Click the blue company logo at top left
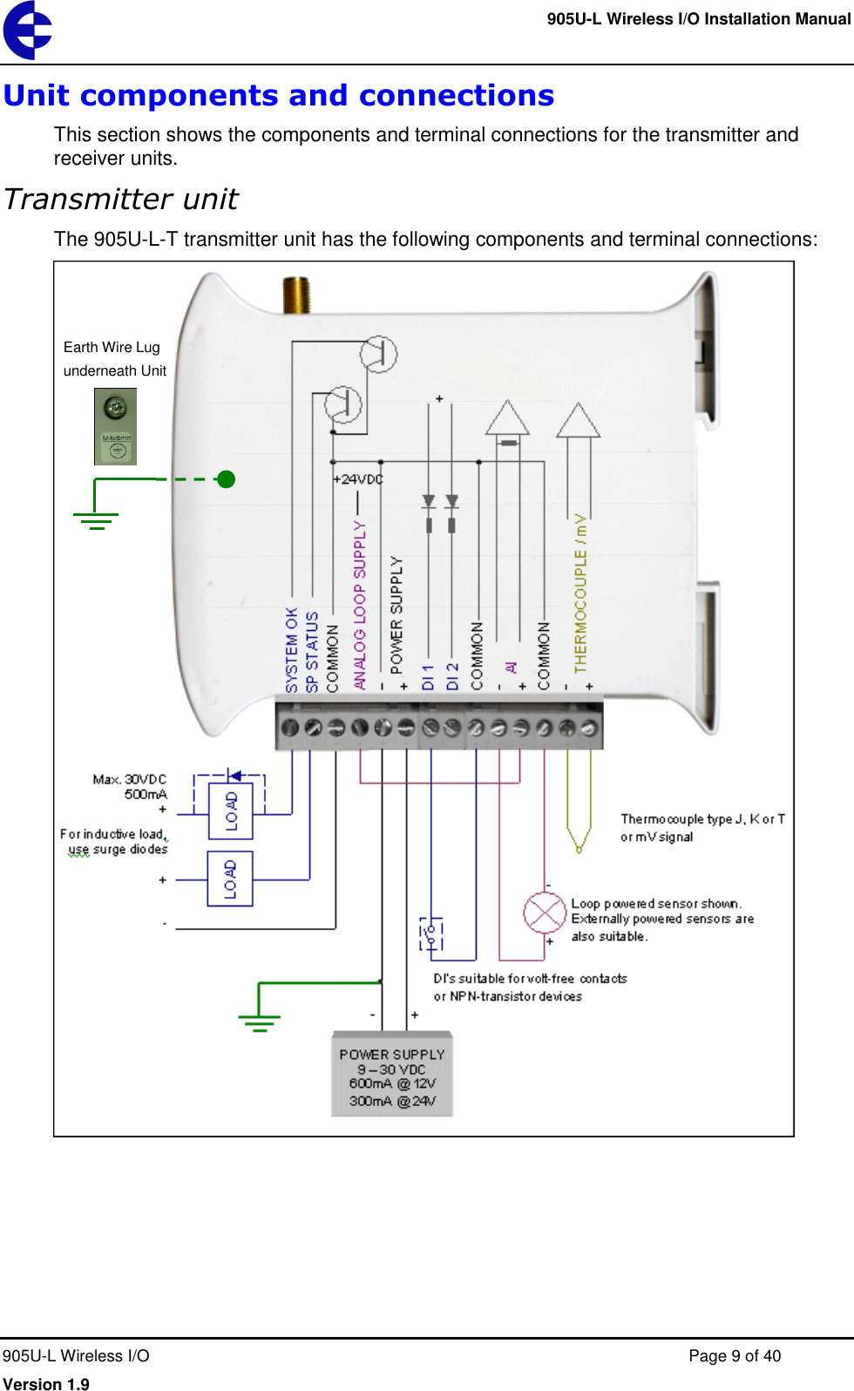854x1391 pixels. coord(27,30)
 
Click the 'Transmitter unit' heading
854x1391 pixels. coord(120,200)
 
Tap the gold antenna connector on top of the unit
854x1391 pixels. coord(296,295)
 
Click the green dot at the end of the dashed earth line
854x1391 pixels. coord(227,478)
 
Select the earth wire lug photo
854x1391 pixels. coord(115,426)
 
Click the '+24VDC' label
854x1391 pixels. coord(357,479)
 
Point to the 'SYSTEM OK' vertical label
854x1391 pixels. coord(292,649)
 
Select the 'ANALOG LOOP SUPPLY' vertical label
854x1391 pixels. coord(360,606)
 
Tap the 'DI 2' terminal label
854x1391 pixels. coord(452,676)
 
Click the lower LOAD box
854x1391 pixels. coord(231,879)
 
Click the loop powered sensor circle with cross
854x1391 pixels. coord(545,913)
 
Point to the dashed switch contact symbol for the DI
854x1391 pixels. coord(431,933)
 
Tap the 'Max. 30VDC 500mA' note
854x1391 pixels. coord(130,786)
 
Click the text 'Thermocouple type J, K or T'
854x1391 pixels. coord(702,819)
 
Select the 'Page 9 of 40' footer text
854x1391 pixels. coord(734,1356)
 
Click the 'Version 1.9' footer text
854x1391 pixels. coord(46,1383)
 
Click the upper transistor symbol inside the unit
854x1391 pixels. coord(378,354)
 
